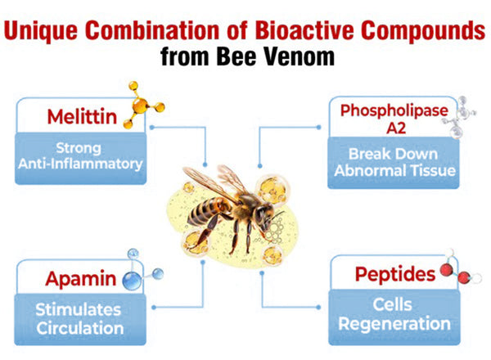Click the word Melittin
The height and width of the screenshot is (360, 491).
click(82, 116)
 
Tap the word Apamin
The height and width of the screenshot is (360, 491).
click(81, 279)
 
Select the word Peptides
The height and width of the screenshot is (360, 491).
click(395, 275)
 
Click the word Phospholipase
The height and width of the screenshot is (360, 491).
click(394, 110)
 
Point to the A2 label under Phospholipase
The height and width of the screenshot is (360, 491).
click(396, 128)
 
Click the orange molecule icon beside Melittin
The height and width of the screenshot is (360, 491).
click(143, 105)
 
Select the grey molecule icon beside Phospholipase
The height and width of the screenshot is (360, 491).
click(459, 117)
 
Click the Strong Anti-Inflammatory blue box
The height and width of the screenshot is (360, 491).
click(81, 159)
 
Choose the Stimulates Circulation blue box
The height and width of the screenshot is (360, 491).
click(80, 319)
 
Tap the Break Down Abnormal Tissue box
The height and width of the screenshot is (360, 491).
click(394, 163)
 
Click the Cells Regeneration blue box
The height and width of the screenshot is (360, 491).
click(394, 317)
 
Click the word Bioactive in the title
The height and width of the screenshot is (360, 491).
click(305, 30)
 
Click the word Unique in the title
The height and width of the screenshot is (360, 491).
click(41, 32)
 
